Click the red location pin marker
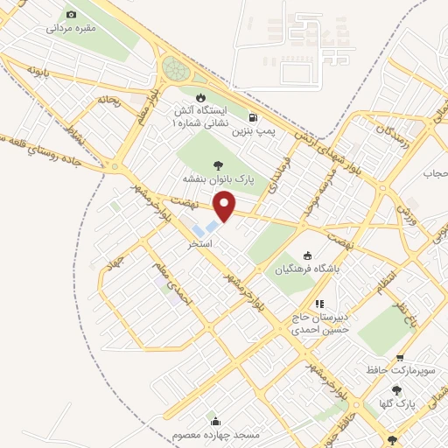[x=225, y=206]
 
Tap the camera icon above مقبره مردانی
[x=71, y=15]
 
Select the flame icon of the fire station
[x=201, y=96]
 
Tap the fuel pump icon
[x=253, y=117]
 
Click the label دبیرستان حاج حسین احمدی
[x=320, y=324]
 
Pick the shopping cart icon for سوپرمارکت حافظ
[x=400, y=358]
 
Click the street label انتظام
[x=386, y=283]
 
